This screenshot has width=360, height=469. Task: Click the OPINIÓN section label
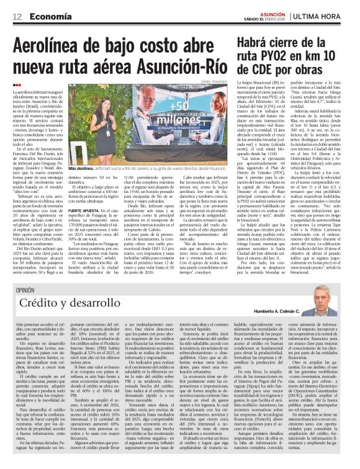[25, 290]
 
